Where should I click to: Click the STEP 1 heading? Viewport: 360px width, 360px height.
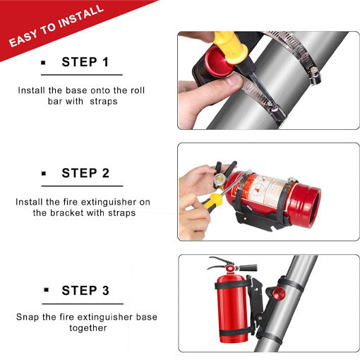tap(85, 62)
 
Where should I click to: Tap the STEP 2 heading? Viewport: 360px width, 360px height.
tap(85, 173)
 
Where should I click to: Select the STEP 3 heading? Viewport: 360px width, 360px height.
tap(85, 290)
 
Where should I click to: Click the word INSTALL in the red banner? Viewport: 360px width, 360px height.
tap(80, 16)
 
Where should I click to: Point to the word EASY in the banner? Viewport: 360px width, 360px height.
tap(23, 38)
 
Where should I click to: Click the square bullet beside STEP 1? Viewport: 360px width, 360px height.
tap(43, 63)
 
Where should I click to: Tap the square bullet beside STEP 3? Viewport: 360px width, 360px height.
tap(46, 289)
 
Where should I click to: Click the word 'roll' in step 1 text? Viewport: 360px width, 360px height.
tap(138, 90)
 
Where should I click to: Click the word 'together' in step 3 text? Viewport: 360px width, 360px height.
tap(88, 328)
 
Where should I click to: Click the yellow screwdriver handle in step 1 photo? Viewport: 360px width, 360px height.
tap(231, 46)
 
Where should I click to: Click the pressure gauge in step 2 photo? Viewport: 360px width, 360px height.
tap(220, 179)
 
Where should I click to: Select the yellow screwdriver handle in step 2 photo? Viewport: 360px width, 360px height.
tap(212, 202)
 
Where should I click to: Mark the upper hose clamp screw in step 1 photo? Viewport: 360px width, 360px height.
tap(314, 76)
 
